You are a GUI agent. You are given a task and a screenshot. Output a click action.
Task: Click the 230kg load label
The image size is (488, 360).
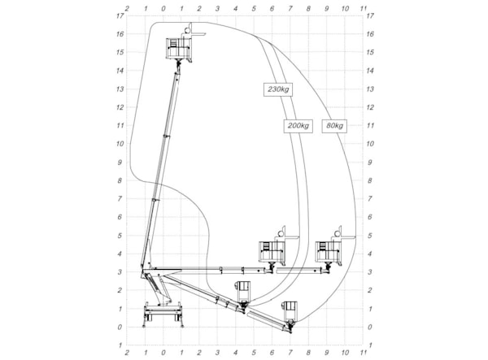tap(278, 89)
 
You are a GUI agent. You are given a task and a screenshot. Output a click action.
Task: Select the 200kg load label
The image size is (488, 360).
tap(298, 126)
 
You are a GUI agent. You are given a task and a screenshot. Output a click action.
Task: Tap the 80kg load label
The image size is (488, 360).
tap(334, 126)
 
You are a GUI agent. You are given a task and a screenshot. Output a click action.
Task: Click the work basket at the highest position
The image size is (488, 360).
tap(179, 48)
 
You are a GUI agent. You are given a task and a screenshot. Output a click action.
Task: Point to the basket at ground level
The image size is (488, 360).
tap(290, 311)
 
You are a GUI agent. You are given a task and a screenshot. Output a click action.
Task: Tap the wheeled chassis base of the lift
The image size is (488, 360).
tap(163, 314)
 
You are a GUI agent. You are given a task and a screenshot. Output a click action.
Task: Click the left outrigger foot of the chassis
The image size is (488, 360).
tap(144, 326)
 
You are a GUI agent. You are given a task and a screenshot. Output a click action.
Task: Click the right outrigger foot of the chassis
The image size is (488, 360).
tap(182, 326)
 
